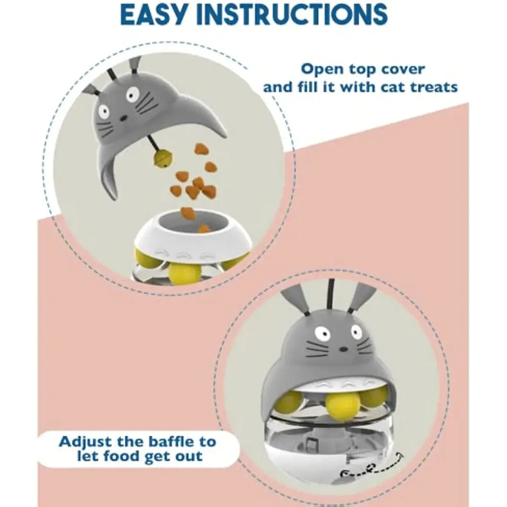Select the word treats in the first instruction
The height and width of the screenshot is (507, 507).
click(429, 87)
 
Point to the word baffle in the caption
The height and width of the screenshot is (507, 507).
click(166, 442)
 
